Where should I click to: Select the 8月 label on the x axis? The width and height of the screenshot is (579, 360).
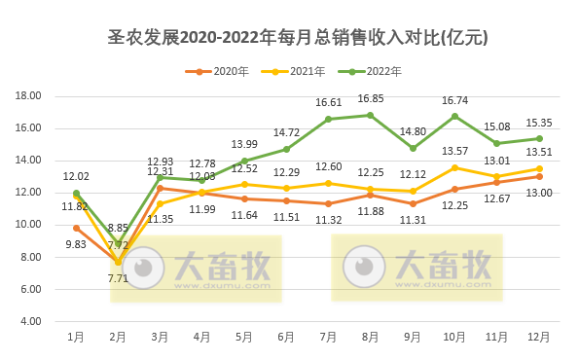[x=370, y=337]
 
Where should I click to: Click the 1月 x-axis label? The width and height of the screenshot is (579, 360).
[x=76, y=337]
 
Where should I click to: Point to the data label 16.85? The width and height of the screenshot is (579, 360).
[x=371, y=99]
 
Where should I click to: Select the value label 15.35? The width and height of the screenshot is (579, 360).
[x=539, y=123]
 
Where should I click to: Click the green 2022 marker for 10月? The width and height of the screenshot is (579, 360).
[x=454, y=116]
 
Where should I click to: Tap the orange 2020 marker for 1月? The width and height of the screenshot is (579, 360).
[x=76, y=228]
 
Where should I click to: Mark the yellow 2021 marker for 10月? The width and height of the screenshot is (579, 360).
[x=454, y=167]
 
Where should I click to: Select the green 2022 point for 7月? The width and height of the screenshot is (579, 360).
[x=328, y=119]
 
